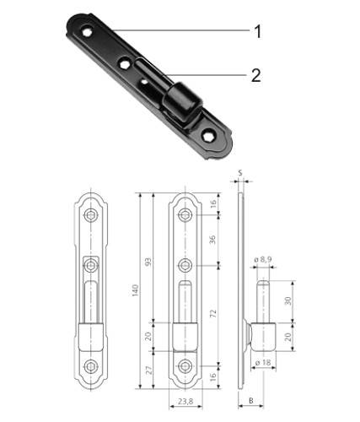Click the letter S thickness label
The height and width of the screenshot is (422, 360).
241,175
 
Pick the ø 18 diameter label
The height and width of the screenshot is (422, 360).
264,362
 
